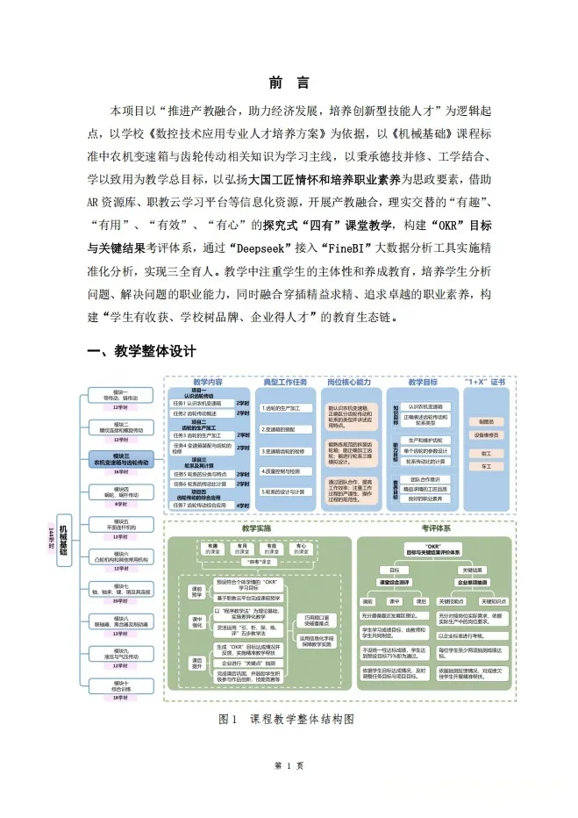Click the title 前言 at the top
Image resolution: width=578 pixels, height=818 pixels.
coord(289,83)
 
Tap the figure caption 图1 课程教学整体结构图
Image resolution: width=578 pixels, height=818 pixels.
coord(289,718)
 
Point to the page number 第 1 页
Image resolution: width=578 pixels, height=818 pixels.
coord(289,765)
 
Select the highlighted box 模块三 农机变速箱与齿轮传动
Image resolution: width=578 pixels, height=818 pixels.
coord(120,460)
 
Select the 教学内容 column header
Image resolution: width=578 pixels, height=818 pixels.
coord(207,383)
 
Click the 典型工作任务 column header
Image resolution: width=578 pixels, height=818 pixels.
coord(286,383)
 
